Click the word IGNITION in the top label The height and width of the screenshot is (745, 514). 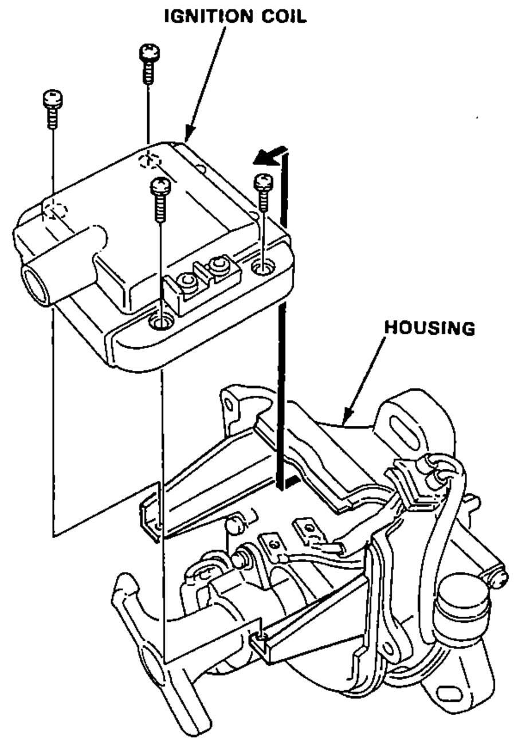[211, 17]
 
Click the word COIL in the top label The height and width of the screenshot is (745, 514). [284, 17]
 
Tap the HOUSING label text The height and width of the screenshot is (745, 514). [430, 328]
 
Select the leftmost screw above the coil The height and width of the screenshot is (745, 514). [53, 109]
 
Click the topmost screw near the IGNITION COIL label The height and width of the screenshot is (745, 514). [149, 63]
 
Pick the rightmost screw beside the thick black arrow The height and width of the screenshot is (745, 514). [264, 192]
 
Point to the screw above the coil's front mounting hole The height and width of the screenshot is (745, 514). [161, 199]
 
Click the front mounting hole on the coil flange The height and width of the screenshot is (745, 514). [161, 321]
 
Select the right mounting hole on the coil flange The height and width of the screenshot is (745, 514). [263, 266]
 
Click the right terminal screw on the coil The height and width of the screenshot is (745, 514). [218, 264]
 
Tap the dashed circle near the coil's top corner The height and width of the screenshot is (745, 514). [150, 160]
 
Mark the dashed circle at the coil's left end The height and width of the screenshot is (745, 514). [55, 210]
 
